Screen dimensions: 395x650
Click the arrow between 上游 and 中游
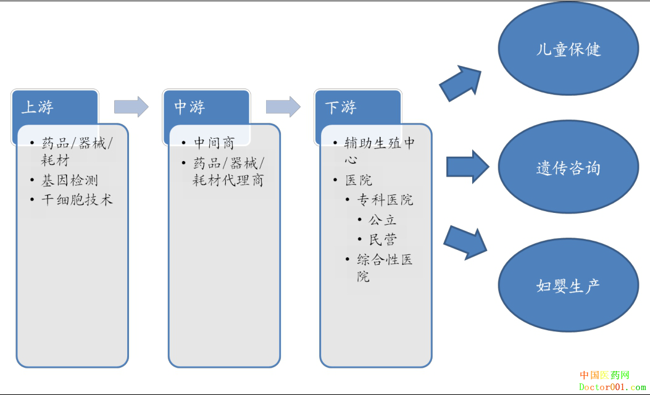[131, 106]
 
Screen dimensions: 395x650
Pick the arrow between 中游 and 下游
[283, 106]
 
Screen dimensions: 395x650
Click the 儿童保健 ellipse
[568, 49]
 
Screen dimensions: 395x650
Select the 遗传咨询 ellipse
[568, 168]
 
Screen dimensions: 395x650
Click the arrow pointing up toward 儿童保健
[460, 83]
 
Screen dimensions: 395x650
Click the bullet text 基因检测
[69, 180]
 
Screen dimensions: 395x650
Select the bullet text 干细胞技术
[77, 199]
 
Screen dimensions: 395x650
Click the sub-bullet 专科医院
[385, 200]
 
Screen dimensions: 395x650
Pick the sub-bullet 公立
[383, 220]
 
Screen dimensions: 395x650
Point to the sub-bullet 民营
[383, 239]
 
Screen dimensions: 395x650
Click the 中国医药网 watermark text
[604, 375]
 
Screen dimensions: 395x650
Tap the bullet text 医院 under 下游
[359, 180]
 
